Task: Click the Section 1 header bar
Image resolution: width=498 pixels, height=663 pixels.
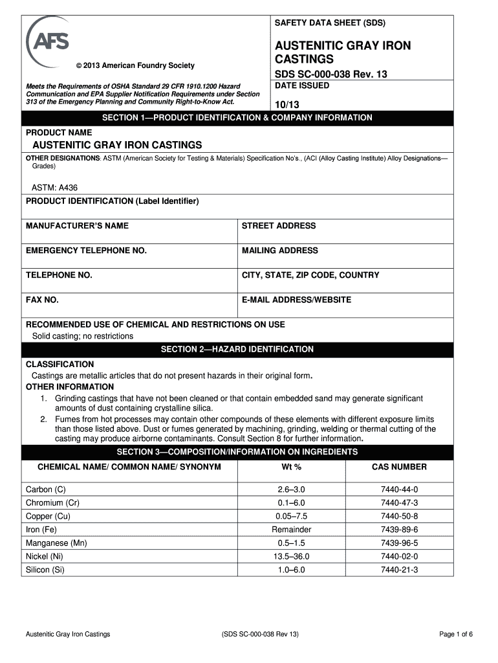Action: (237, 118)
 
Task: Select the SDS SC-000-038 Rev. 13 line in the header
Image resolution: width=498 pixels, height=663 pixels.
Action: (330, 74)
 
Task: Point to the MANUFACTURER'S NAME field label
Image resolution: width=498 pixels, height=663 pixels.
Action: (77, 226)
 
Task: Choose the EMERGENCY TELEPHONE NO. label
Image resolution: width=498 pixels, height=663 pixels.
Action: (86, 251)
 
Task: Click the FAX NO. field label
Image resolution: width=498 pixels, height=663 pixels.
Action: (42, 300)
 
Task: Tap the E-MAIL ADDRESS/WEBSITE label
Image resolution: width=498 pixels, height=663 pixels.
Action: (296, 300)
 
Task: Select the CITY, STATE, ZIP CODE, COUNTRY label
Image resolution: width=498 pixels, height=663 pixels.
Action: (310, 275)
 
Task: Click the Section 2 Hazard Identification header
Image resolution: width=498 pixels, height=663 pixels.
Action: (237, 350)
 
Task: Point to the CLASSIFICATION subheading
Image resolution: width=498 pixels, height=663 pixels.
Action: (60, 365)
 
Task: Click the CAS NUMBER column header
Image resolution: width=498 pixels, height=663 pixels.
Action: (399, 467)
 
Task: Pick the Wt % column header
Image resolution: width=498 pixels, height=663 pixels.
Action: (291, 467)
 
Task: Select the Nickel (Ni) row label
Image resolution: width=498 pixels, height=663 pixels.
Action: (45, 556)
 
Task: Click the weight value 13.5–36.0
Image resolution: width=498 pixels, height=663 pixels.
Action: (291, 556)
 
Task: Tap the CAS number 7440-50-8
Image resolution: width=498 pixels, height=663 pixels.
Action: (399, 516)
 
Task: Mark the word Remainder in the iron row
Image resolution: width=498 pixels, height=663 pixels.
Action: (291, 530)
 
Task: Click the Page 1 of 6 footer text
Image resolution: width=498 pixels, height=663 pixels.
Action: (456, 634)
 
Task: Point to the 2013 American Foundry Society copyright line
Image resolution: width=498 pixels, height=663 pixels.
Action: (135, 65)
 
